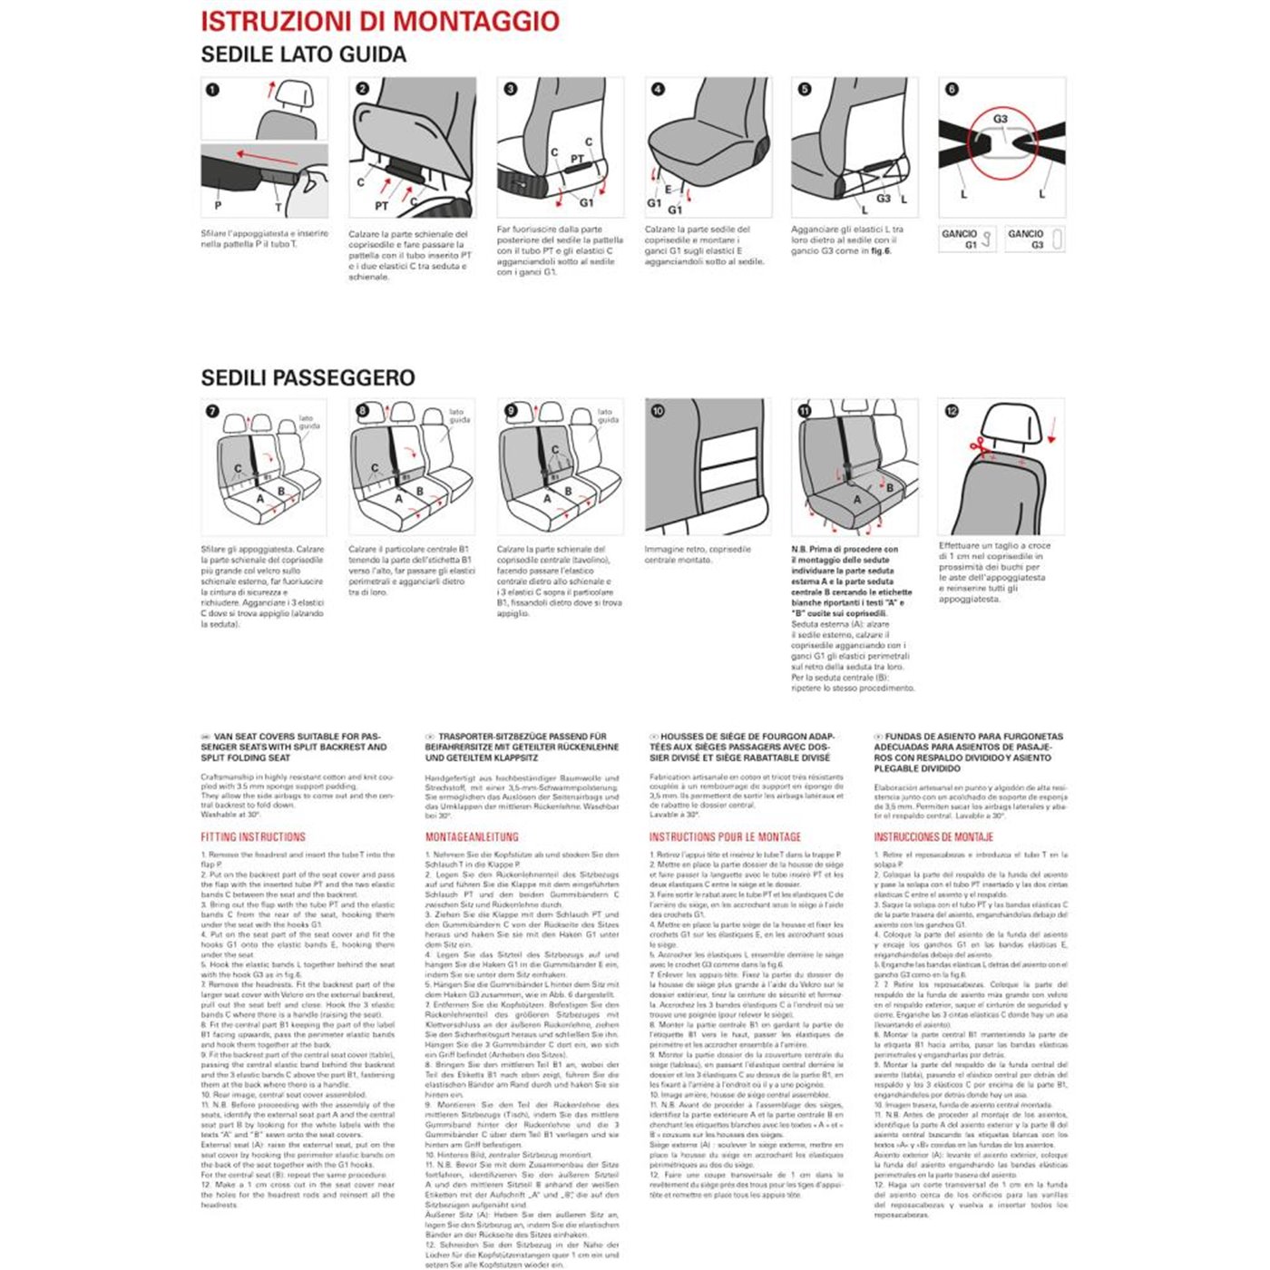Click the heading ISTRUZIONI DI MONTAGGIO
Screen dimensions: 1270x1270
380,22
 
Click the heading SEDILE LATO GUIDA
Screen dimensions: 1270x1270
303,54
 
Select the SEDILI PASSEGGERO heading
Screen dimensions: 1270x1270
308,378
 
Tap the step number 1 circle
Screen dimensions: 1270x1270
212,90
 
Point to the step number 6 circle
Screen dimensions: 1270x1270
952,89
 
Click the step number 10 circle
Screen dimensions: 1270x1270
658,411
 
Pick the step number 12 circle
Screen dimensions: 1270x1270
952,411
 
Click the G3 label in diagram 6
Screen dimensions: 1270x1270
1000,119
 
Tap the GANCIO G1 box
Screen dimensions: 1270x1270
968,239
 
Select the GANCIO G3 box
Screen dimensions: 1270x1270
1034,239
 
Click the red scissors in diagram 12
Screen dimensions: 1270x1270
978,445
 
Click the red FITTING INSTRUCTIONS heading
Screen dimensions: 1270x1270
253,837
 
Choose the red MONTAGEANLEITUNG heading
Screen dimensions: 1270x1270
472,837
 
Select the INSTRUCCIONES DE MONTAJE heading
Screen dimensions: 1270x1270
933,837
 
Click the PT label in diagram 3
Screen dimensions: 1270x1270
577,160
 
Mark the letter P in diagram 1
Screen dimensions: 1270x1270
218,206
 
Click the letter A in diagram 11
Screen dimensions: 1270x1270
856,499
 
